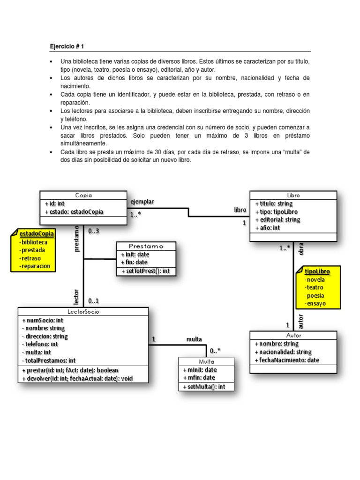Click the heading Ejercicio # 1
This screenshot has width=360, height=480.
point(67,46)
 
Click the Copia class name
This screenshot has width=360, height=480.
point(83,195)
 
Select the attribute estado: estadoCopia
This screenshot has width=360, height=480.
point(74,212)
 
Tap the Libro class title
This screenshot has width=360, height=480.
point(293,195)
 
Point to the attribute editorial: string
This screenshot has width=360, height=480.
point(277,219)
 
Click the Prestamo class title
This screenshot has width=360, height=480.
point(146,246)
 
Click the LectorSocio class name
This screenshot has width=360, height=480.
point(83,311)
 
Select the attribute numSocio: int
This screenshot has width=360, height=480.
point(43,320)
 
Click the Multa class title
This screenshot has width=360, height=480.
point(206,361)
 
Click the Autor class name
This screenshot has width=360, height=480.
point(293,336)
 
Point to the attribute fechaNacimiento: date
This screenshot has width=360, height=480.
point(286,360)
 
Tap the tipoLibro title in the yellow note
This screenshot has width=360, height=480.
point(317,271)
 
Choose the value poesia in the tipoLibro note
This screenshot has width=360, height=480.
point(315,295)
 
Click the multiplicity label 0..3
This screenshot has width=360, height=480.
point(94,231)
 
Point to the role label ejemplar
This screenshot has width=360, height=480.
point(142,202)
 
